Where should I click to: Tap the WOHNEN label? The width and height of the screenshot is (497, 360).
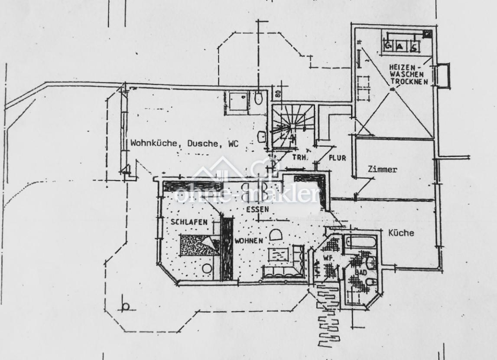(x=248, y=240)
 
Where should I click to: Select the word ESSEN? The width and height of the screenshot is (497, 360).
(x=257, y=209)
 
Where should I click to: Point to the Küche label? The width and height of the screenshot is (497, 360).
(x=401, y=233)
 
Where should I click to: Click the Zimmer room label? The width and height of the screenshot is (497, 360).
(x=382, y=170)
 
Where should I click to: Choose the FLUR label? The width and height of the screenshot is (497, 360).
(x=338, y=158)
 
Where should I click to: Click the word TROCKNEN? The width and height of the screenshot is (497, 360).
(x=409, y=81)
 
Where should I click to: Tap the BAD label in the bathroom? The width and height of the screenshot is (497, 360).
(x=361, y=272)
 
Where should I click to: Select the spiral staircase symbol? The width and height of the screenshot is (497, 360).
(x=286, y=124)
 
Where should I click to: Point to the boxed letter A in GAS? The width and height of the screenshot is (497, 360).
(x=401, y=45)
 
